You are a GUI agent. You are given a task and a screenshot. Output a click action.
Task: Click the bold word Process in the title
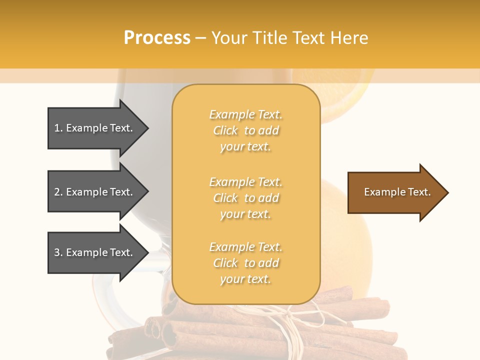click(x=157, y=38)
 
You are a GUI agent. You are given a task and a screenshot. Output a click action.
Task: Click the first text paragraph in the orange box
click(x=245, y=130)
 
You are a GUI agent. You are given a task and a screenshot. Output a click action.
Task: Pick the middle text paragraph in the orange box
click(x=245, y=198)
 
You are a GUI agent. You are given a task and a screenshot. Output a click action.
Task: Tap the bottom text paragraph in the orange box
click(x=245, y=263)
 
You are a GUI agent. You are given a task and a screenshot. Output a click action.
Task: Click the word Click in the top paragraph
click(x=225, y=130)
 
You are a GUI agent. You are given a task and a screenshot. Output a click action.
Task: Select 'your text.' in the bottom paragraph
click(x=245, y=279)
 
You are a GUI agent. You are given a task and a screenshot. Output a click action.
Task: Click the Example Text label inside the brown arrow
click(x=397, y=192)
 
